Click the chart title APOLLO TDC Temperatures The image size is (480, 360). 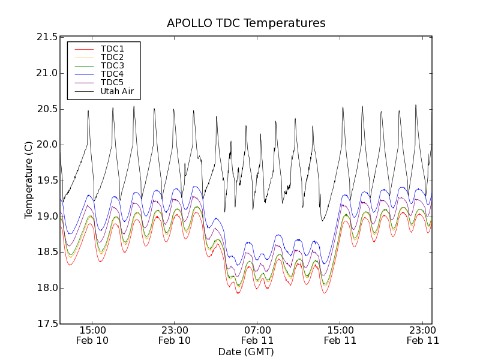pos(246,23)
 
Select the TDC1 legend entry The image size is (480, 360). pos(112,49)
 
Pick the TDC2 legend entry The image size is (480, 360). pos(112,57)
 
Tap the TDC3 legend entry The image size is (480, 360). pos(112,65)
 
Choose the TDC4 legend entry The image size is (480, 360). pos(112,74)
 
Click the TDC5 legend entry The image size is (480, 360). pos(112,82)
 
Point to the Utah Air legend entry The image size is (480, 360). pos(117,92)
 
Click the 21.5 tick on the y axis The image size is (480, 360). pos(47,37)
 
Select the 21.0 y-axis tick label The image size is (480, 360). pos(47,73)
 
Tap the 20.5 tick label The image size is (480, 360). pos(47,109)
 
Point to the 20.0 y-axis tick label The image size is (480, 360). pos(47,145)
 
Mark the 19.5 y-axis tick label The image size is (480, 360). pos(47,181)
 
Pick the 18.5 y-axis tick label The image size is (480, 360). pos(47,252)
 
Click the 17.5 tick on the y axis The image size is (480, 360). pos(47,324)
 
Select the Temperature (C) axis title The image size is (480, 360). pos(29,180)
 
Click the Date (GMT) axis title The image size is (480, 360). pos(246,352)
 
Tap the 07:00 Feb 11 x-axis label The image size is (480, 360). pos(257,335)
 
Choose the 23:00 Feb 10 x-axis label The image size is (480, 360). pos(175,335)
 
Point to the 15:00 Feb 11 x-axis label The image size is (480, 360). pos(340,335)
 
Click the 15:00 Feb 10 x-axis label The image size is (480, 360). pos(92,335)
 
